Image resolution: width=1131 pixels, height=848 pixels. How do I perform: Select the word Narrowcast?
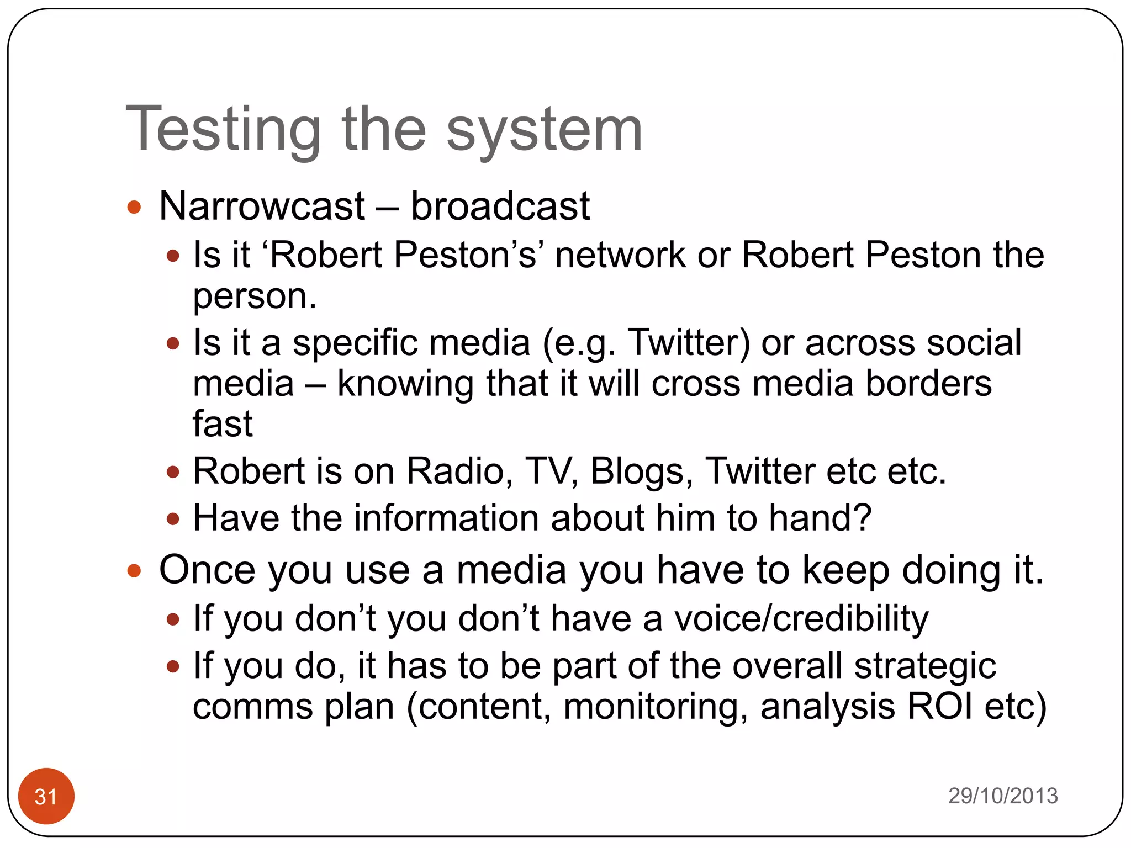point(262,206)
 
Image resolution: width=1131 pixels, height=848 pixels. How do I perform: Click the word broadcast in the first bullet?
point(500,206)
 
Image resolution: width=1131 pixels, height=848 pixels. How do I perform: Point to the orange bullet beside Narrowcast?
point(134,208)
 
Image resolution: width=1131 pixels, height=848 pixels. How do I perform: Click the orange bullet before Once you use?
point(134,570)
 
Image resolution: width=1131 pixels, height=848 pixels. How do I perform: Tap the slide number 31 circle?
point(46,796)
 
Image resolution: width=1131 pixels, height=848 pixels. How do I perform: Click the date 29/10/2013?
point(1003,796)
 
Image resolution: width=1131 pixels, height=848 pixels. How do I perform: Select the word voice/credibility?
point(801,618)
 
